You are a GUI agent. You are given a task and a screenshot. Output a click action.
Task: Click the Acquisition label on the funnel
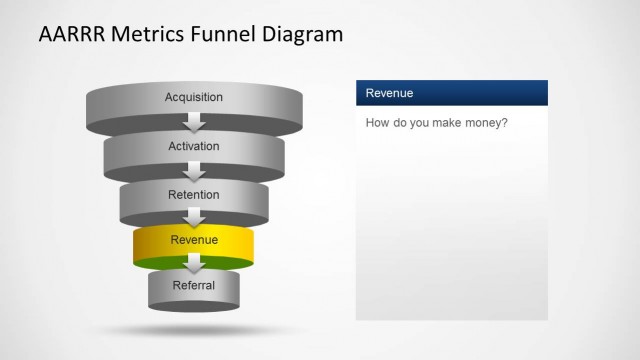click(x=194, y=97)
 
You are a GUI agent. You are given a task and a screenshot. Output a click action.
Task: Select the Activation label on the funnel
click(x=194, y=146)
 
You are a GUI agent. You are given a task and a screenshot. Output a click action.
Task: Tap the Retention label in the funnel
click(x=194, y=194)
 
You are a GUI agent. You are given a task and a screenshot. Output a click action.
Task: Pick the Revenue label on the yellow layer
click(x=194, y=240)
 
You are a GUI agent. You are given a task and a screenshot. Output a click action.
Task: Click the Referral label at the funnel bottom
click(x=194, y=286)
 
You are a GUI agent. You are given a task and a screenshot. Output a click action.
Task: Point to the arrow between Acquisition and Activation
click(x=194, y=123)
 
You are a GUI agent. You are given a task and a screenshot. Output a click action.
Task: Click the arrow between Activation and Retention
click(x=194, y=171)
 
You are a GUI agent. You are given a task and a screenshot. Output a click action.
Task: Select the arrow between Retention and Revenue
click(x=194, y=218)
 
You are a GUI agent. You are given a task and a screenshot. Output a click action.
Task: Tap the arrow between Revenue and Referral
click(x=194, y=264)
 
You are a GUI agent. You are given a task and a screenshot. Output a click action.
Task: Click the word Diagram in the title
click(x=303, y=35)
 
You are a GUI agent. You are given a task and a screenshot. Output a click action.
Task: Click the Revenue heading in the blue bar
click(x=390, y=93)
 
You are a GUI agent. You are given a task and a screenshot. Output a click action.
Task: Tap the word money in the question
click(x=485, y=124)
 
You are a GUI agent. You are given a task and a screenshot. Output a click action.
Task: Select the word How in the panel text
click(x=377, y=124)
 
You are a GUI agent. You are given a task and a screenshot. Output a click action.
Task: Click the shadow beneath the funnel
click(x=194, y=329)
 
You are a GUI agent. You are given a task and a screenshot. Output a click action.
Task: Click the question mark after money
click(x=507, y=124)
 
